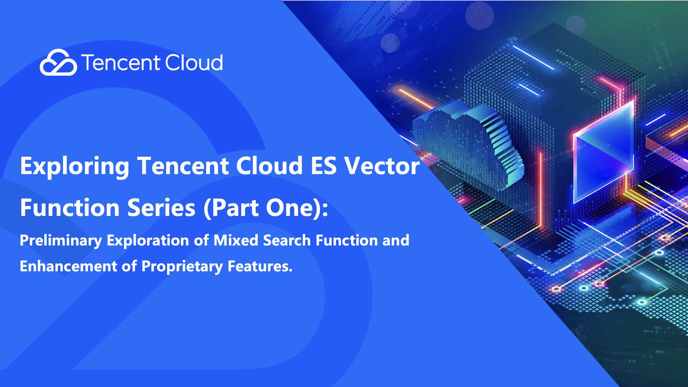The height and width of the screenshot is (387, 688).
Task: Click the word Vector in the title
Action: [x=382, y=166]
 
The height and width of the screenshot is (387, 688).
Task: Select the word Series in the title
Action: [x=162, y=208]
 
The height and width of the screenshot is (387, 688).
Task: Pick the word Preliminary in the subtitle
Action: [x=61, y=241]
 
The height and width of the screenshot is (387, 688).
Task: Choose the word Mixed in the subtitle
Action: [x=236, y=240]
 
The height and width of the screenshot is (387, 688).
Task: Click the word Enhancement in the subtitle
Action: [x=68, y=266]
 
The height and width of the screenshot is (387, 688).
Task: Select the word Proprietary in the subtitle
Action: [x=182, y=267]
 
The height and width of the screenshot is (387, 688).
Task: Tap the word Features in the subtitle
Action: [x=260, y=266]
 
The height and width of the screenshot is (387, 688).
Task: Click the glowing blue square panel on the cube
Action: [x=603, y=154]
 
